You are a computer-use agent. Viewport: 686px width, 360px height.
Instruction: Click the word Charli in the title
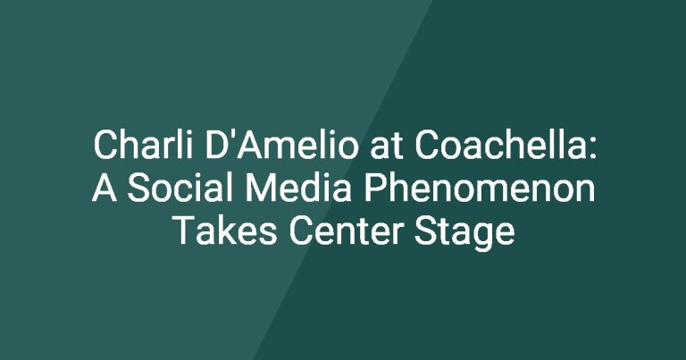coord(143,145)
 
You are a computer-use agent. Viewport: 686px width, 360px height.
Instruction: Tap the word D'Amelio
coord(281,145)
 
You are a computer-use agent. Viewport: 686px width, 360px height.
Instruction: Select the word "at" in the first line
coord(386,147)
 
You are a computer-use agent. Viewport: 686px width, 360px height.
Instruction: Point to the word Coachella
coord(498,145)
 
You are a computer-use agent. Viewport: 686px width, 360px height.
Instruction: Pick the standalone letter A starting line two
coord(105,188)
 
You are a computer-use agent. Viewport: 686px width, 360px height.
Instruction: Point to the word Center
coord(346,230)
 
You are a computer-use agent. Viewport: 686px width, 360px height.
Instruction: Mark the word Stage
coord(464,232)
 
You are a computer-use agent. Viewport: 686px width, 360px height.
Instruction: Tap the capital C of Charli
coord(106,145)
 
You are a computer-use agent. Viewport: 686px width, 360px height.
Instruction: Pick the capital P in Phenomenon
coord(375,188)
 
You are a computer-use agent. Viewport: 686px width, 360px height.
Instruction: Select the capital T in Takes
coord(186,230)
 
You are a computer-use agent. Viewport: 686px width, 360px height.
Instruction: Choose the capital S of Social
coord(138,188)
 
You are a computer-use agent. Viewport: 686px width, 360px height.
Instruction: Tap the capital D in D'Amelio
coord(215,145)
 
